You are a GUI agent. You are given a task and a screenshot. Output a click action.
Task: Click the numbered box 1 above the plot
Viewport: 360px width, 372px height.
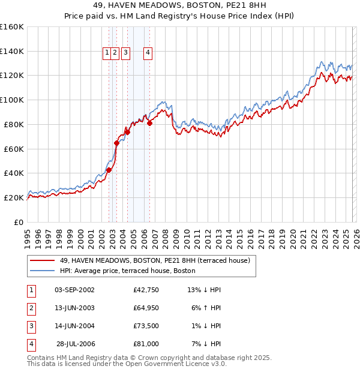tap(107, 53)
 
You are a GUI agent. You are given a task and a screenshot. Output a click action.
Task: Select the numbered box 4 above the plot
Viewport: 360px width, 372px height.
tap(147, 53)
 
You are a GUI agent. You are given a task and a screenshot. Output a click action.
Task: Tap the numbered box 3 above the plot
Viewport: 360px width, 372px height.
tap(125, 53)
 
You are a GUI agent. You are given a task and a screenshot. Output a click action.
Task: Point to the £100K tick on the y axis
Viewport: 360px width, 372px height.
tap(12, 100)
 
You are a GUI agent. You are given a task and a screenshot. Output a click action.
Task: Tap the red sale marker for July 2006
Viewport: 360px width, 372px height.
tap(149, 123)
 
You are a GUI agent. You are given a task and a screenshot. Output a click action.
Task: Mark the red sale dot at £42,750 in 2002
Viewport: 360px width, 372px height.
tap(109, 170)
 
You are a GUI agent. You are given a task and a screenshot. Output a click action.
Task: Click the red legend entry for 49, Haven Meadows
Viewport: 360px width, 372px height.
tap(155, 260)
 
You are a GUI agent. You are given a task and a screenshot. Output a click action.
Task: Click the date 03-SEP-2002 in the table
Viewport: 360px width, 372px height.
tap(74, 290)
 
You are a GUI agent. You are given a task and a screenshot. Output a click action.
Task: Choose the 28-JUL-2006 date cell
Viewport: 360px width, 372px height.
tap(75, 344)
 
